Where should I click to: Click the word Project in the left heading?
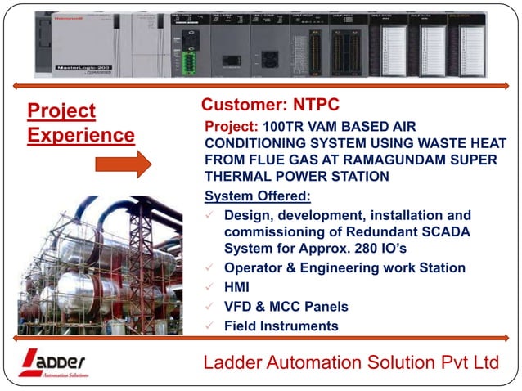[x=61, y=111]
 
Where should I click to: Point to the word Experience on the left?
[x=80, y=135]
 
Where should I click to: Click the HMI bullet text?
[x=237, y=287]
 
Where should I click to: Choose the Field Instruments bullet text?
[x=281, y=326]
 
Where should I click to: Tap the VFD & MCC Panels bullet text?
[x=286, y=307]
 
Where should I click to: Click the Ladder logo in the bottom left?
[x=53, y=362]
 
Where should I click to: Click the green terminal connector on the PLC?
[x=190, y=61]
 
